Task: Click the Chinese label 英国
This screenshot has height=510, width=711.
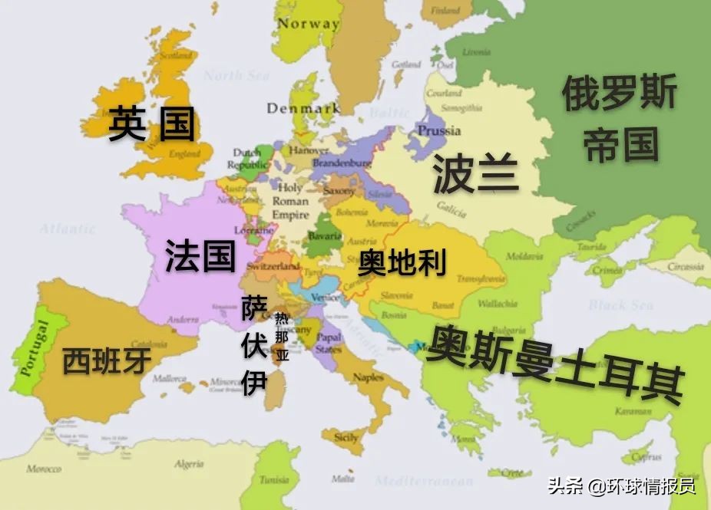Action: [151, 123]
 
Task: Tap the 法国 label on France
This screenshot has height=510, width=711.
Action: [200, 255]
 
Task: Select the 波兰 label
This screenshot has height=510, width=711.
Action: [476, 173]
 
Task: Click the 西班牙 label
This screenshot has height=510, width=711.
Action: [106, 360]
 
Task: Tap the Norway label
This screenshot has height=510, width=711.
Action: [308, 24]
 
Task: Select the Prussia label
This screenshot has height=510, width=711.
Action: [438, 130]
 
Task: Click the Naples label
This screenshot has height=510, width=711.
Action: [369, 377]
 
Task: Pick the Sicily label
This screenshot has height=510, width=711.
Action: [346, 438]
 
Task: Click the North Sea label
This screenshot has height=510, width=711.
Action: [236, 75]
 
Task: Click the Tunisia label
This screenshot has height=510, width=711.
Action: [274, 480]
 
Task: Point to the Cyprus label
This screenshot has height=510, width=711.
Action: [645, 457]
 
